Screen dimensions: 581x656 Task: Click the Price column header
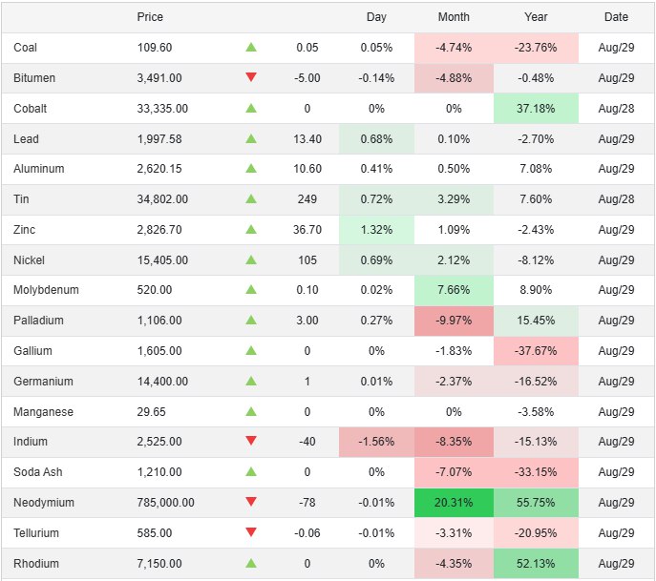(x=150, y=17)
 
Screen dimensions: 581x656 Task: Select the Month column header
(x=454, y=17)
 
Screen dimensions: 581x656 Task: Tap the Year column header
(x=536, y=17)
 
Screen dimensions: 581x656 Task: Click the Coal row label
(x=26, y=48)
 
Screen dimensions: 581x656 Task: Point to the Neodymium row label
(x=44, y=503)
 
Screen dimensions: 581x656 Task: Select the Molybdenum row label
(x=46, y=290)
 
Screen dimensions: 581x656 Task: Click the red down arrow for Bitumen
(x=251, y=77)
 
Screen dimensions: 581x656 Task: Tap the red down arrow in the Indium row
(x=251, y=442)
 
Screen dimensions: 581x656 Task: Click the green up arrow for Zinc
(x=251, y=230)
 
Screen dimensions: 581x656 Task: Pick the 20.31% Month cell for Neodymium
(x=454, y=503)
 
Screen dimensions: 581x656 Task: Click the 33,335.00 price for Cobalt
(x=162, y=109)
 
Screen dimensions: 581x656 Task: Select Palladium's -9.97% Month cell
(x=454, y=321)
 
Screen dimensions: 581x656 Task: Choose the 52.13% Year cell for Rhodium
(x=536, y=564)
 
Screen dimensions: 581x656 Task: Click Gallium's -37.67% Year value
(x=536, y=351)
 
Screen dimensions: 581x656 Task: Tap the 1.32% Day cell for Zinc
(x=376, y=230)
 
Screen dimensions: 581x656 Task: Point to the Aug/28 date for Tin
(x=616, y=199)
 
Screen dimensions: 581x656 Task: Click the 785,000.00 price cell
(x=166, y=503)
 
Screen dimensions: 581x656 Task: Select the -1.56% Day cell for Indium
(x=376, y=442)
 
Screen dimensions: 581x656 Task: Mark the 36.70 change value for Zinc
(x=307, y=230)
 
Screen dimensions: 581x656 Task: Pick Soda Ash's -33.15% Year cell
(x=536, y=472)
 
